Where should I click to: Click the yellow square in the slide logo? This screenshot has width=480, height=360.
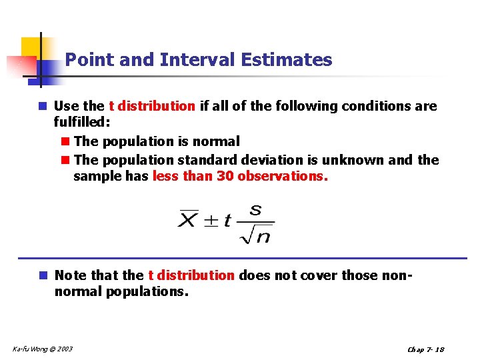(x=31, y=48)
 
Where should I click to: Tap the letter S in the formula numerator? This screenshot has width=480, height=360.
(x=255, y=209)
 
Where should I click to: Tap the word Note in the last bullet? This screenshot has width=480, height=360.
(x=71, y=275)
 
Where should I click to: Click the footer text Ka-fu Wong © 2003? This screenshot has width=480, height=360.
(x=43, y=349)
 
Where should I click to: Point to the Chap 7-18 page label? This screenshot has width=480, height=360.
(x=425, y=349)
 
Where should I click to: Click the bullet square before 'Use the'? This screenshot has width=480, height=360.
(x=43, y=106)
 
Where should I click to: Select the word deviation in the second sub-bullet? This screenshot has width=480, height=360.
(x=267, y=159)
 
